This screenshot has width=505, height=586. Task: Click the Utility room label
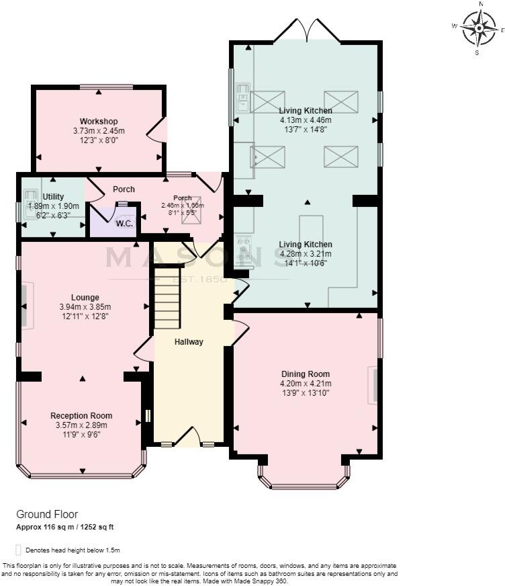(53, 196)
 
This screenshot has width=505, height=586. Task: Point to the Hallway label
(189, 342)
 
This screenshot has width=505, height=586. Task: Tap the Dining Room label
(306, 374)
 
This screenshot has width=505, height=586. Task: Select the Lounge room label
(85, 297)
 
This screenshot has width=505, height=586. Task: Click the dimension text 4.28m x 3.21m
(306, 254)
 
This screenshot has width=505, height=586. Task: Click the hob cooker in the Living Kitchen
(243, 248)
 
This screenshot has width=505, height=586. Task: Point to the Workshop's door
(156, 130)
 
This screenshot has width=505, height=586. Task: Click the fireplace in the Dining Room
(373, 385)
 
